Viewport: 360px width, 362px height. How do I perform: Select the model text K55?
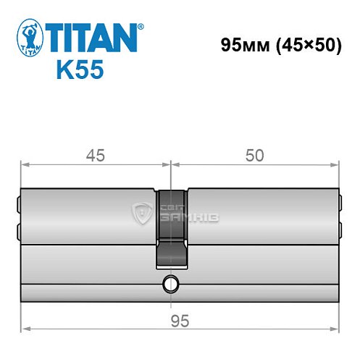(x=78, y=71)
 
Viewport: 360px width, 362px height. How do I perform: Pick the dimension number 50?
(x=254, y=154)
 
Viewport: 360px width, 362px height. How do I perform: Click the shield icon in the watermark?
(x=141, y=213)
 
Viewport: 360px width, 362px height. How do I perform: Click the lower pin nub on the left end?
(x=17, y=231)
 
